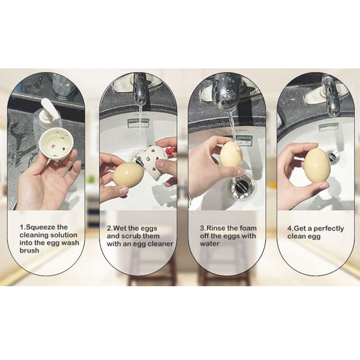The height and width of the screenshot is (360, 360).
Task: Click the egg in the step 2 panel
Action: pyautogui.click(x=128, y=174)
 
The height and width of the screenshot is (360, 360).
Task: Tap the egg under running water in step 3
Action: pyautogui.click(x=231, y=154)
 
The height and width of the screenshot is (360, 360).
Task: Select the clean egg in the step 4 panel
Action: pyautogui.click(x=316, y=166)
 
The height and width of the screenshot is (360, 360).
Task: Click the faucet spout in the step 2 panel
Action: pyautogui.click(x=140, y=90)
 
